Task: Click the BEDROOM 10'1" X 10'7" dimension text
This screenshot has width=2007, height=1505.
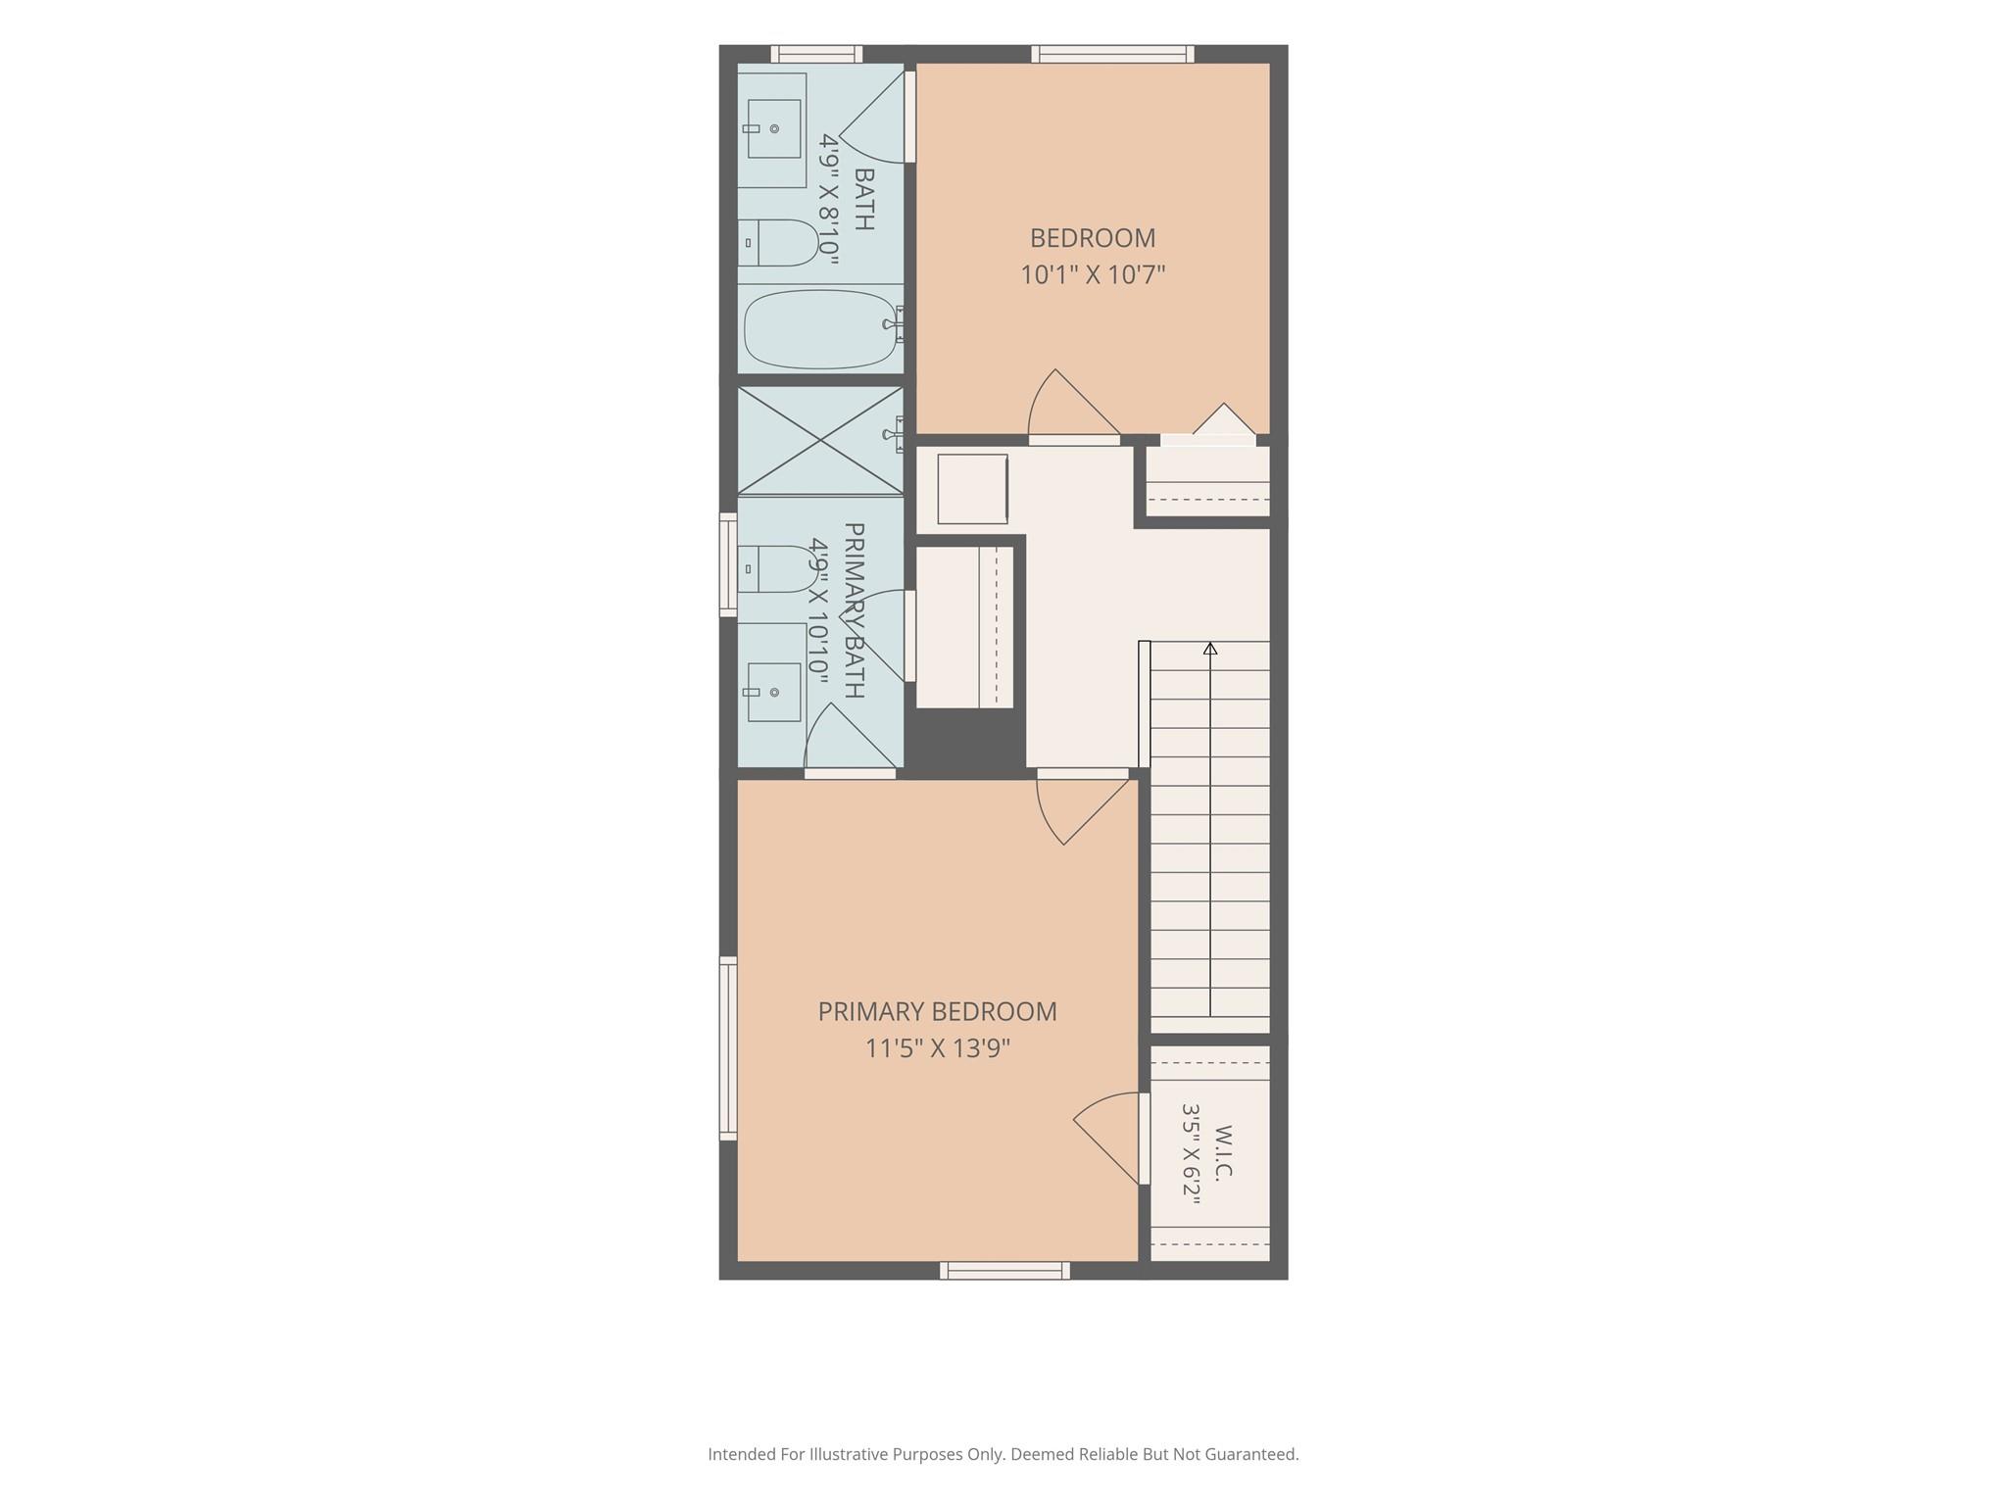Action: tap(1093, 274)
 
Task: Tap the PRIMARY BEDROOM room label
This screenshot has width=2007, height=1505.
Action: tap(938, 1011)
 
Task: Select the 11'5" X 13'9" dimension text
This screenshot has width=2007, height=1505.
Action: tap(938, 1048)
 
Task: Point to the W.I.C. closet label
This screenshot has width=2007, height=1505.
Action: tap(1223, 1153)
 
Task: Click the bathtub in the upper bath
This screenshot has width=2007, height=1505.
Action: tap(820, 329)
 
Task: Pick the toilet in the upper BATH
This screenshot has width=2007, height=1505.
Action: tap(778, 242)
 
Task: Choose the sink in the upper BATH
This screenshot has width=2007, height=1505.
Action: tap(774, 128)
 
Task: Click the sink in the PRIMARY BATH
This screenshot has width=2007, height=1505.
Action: tap(774, 692)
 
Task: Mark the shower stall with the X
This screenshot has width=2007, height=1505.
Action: tap(820, 441)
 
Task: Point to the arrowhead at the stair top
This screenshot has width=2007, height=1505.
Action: tap(1210, 649)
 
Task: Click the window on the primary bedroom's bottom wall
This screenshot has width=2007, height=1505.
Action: tap(1004, 1271)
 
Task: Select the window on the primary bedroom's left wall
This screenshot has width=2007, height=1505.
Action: tap(728, 1048)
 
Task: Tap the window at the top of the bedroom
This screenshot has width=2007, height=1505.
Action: tap(1112, 54)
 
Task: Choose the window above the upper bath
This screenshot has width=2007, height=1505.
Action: tap(816, 54)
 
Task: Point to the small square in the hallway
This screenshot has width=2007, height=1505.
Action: tap(972, 488)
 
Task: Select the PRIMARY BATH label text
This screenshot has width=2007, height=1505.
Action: tap(854, 610)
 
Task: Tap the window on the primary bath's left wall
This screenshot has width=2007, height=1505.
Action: tap(728, 565)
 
